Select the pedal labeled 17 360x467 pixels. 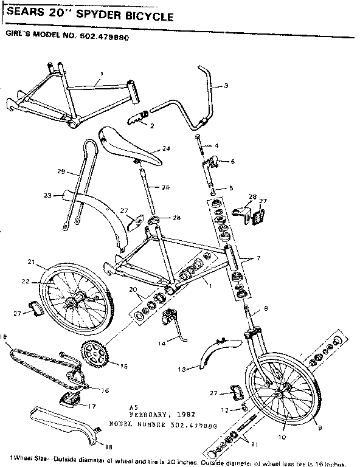click(x=71, y=400)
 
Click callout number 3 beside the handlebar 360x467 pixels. click(x=226, y=86)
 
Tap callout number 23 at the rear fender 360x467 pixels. click(x=47, y=195)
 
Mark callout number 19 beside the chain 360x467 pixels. click(x=4, y=336)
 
